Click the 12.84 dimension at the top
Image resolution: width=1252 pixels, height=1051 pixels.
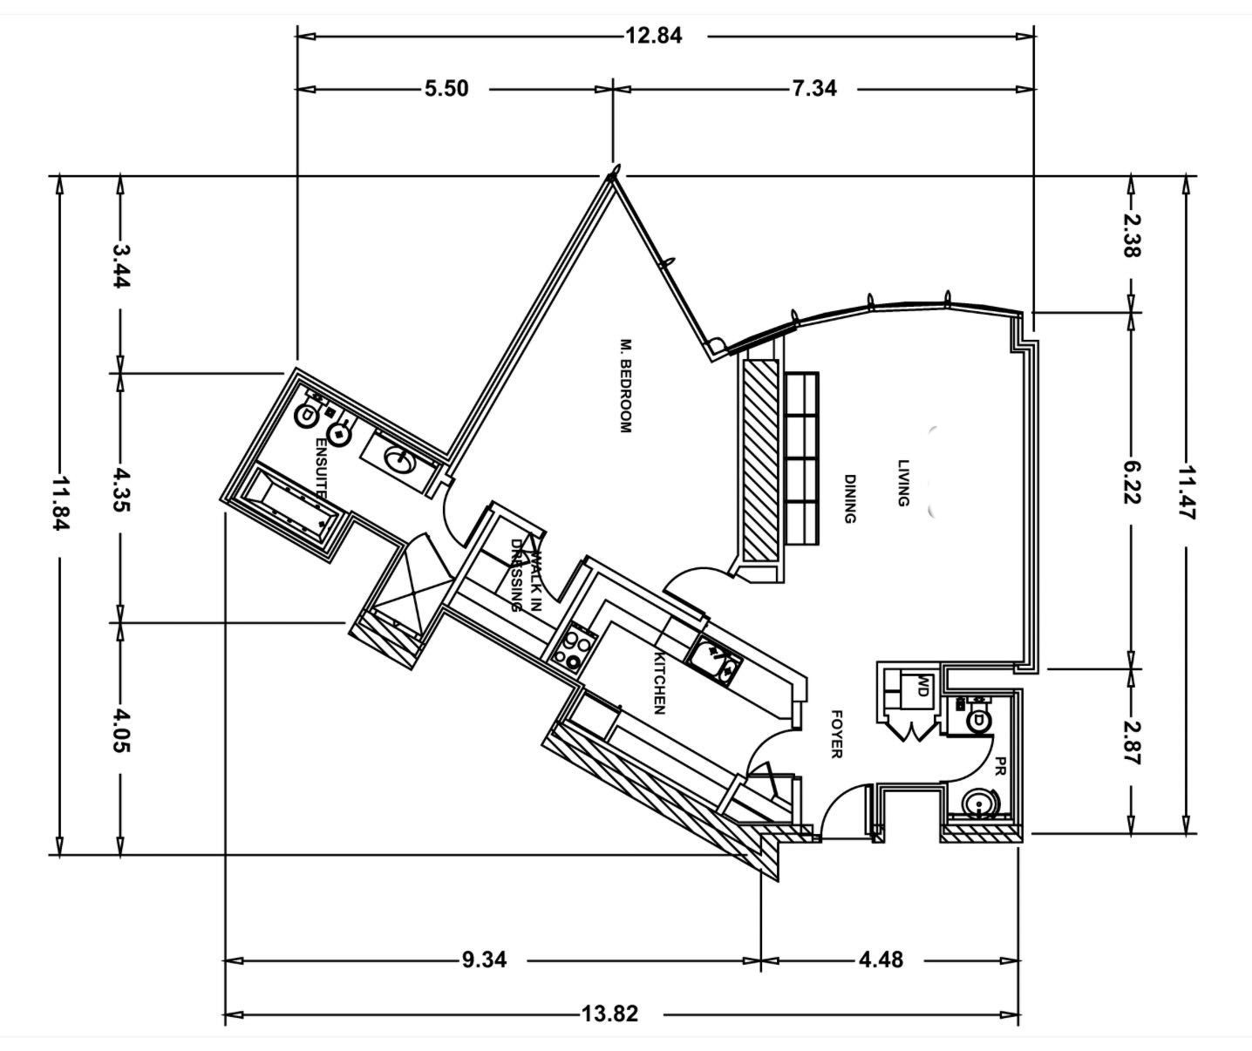(654, 36)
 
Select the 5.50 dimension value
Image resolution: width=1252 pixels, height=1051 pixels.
(446, 90)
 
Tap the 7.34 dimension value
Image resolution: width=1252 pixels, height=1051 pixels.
(813, 89)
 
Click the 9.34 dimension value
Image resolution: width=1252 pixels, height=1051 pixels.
(484, 960)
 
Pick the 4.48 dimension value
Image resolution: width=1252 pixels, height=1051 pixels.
(881, 960)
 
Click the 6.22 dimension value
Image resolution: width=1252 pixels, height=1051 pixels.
(1130, 483)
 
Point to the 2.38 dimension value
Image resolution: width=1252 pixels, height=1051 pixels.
(1130, 235)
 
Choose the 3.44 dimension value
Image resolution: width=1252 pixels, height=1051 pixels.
(121, 266)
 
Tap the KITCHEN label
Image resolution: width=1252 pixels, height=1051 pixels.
(659, 683)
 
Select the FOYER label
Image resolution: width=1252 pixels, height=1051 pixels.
(837, 735)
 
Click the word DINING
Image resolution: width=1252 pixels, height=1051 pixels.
(849, 498)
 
